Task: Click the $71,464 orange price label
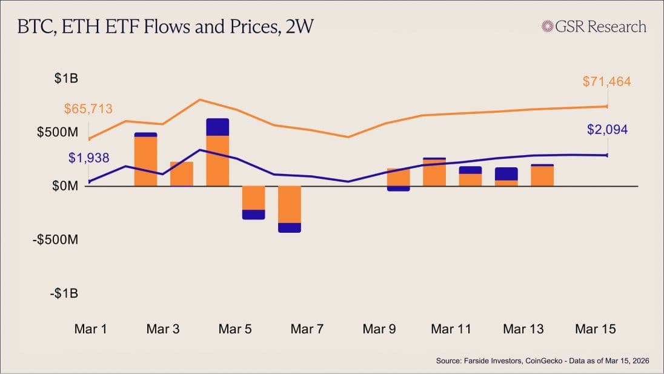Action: pyautogui.click(x=606, y=81)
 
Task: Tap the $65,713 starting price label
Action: pyautogui.click(x=88, y=109)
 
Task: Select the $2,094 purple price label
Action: pyautogui.click(x=607, y=129)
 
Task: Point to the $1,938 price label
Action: pyautogui.click(x=88, y=158)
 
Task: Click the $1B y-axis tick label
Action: pyautogui.click(x=66, y=78)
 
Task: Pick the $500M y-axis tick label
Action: pyautogui.click(x=58, y=132)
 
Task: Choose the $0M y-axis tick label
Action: pyautogui.click(x=65, y=186)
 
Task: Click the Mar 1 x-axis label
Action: pyautogui.click(x=91, y=329)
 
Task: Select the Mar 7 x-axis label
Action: pyautogui.click(x=307, y=329)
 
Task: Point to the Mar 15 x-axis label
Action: pyautogui.click(x=595, y=329)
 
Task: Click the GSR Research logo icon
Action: pyautogui.click(x=548, y=27)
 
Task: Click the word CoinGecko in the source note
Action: pyautogui.click(x=526, y=361)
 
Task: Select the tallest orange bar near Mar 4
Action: pyautogui.click(x=217, y=161)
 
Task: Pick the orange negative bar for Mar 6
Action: pyautogui.click(x=290, y=204)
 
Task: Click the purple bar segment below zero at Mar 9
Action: pyautogui.click(x=398, y=189)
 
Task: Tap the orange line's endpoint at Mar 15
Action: pyautogui.click(x=607, y=107)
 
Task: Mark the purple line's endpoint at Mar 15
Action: pyautogui.click(x=607, y=155)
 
